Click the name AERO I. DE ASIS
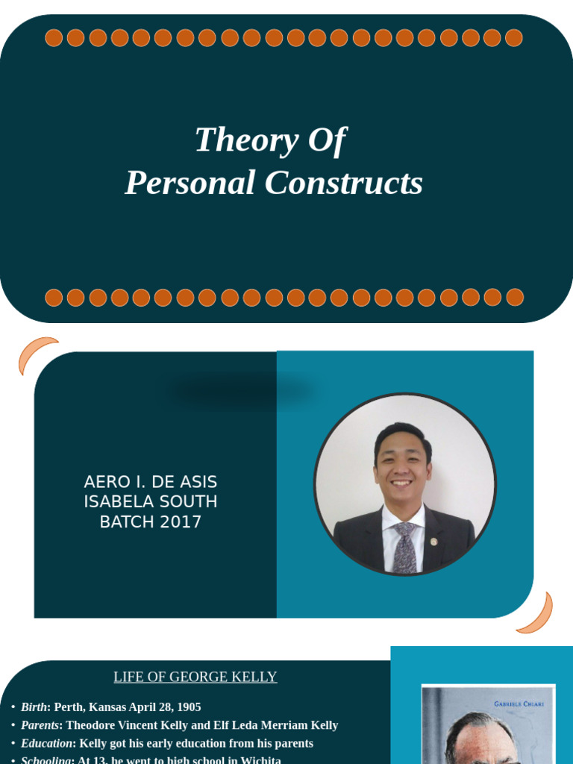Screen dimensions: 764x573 click(x=151, y=482)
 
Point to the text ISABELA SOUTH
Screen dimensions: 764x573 click(x=151, y=502)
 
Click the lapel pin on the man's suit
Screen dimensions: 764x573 click(x=434, y=541)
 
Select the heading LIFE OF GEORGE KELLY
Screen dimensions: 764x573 click(x=195, y=677)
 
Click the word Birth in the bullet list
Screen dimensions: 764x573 click(x=34, y=707)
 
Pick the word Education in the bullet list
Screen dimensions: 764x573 click(x=46, y=744)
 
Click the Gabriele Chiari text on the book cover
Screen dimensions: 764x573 click(x=519, y=704)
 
